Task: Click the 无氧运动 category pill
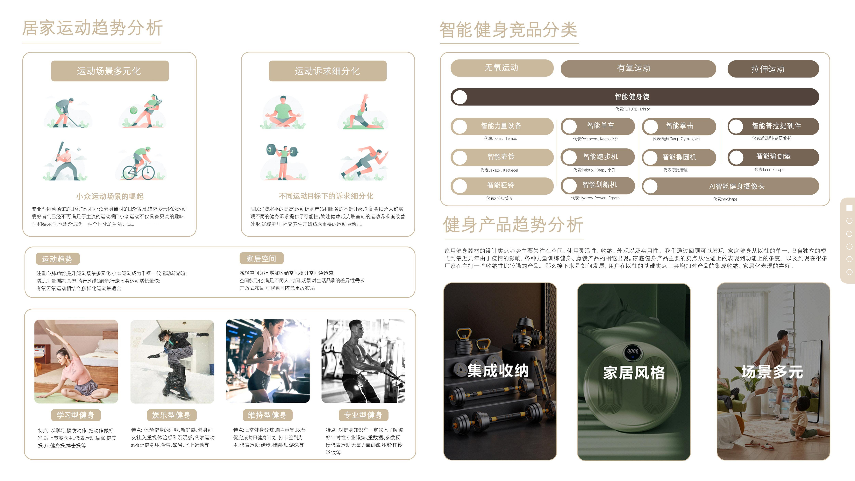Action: [501, 68]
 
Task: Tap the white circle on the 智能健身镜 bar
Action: [460, 97]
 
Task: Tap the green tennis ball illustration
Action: [133, 110]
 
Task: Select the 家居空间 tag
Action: [261, 258]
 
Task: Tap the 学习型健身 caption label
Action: [76, 415]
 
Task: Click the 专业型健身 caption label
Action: [363, 415]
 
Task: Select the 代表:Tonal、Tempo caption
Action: [500, 138]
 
